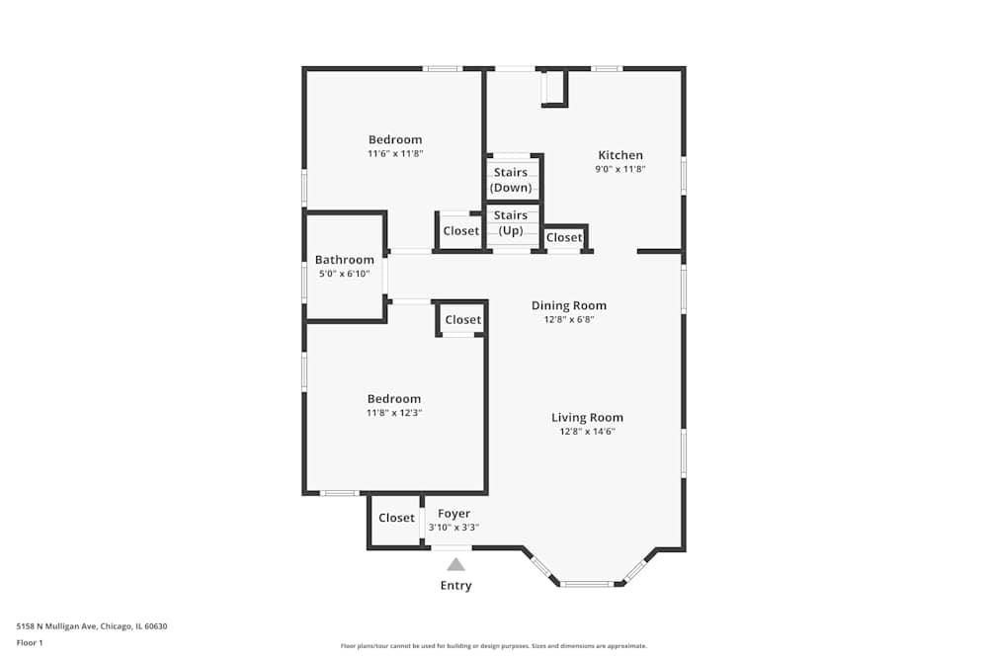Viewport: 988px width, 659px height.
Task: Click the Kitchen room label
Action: click(x=620, y=155)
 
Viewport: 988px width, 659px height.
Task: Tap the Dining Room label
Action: click(x=569, y=305)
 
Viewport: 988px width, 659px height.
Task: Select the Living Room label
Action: click(x=587, y=417)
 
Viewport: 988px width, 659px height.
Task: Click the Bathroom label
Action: click(x=345, y=260)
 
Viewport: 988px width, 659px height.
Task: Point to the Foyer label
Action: click(x=453, y=514)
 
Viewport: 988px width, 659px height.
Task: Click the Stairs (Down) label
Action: click(x=511, y=180)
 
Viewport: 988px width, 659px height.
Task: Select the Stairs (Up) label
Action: click(x=511, y=222)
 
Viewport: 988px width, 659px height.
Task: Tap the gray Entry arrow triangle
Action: click(x=455, y=564)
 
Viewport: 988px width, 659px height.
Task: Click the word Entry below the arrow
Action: click(x=455, y=586)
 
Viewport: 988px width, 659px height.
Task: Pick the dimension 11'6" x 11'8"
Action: click(x=395, y=154)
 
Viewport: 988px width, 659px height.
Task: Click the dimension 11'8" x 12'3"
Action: click(x=395, y=413)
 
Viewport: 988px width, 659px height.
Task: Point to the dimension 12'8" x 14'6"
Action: click(x=587, y=432)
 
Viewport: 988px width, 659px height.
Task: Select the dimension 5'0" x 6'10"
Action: click(x=345, y=274)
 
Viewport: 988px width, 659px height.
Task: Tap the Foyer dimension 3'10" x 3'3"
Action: click(x=453, y=528)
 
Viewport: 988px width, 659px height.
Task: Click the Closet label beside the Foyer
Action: click(x=396, y=518)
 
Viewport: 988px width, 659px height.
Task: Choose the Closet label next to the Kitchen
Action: click(x=564, y=238)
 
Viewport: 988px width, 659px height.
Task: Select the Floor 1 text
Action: click(x=30, y=642)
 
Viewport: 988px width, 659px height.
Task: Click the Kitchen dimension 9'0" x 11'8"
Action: click(x=620, y=169)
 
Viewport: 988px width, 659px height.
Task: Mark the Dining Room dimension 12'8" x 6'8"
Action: click(x=569, y=319)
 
